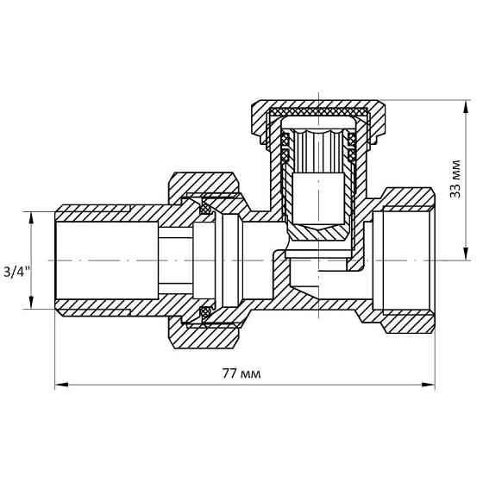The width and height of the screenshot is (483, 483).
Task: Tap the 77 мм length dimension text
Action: pyautogui.click(x=242, y=373)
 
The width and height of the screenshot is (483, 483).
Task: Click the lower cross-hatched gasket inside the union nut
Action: pyautogui.click(x=206, y=311)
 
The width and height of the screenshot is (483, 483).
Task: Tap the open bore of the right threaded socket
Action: pyautogui.click(x=405, y=260)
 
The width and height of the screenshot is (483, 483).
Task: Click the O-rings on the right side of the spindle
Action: pyautogui.click(x=352, y=147)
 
